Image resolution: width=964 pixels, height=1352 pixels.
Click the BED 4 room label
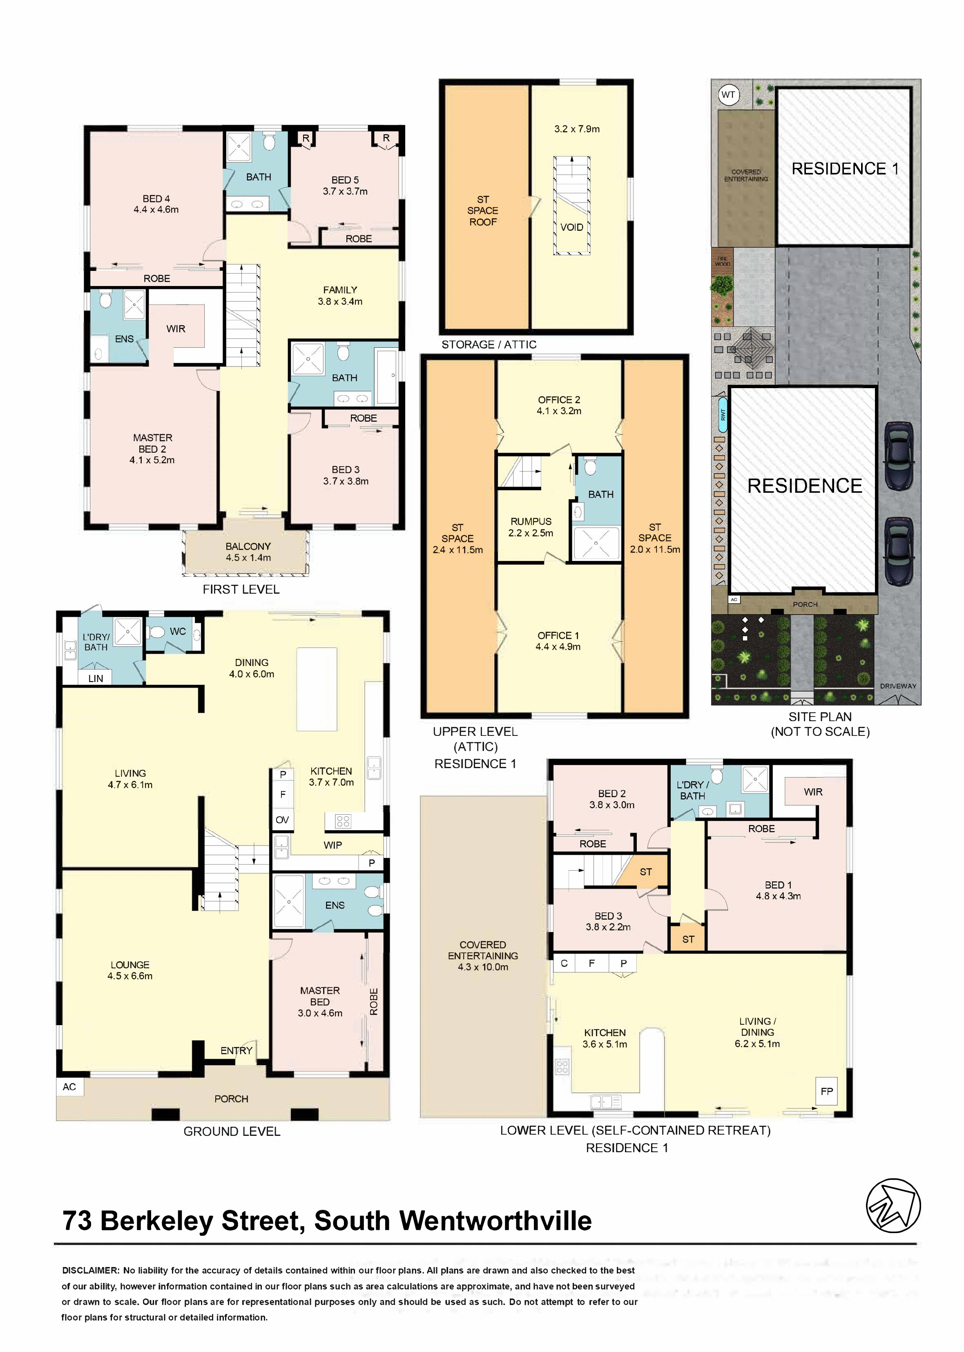click(x=156, y=203)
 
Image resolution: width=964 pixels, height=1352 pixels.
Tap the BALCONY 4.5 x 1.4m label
click(x=248, y=552)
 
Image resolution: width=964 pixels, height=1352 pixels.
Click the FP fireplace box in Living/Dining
click(x=827, y=1091)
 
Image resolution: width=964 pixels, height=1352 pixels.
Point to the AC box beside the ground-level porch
click(x=69, y=1086)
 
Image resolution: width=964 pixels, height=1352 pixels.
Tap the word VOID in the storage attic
click(x=571, y=227)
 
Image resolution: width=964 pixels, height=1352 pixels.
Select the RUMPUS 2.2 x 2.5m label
click(x=531, y=527)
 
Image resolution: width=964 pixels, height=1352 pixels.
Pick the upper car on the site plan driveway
click(x=899, y=456)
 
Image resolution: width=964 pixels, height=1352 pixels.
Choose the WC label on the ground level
click(x=178, y=631)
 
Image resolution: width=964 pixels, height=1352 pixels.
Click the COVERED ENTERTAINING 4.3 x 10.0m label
click(x=482, y=955)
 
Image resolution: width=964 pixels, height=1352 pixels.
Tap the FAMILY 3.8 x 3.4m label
click(x=340, y=295)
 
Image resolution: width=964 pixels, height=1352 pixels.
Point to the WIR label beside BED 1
click(x=813, y=791)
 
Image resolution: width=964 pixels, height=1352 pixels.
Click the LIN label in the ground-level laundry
click(x=96, y=678)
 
